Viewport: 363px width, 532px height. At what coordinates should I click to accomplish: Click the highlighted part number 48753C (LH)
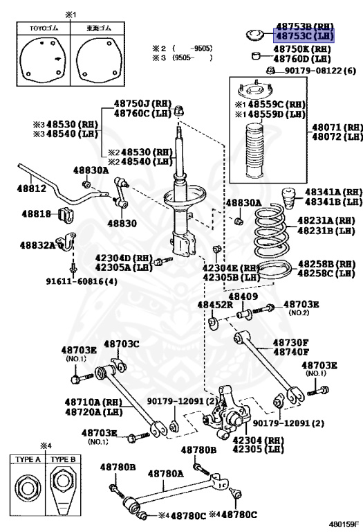[x=304, y=35]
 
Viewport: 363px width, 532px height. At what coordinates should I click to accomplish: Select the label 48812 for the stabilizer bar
[x=32, y=188]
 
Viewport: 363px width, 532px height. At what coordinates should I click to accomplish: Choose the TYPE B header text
[x=63, y=459]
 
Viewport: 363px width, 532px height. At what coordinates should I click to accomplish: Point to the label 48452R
[x=215, y=304]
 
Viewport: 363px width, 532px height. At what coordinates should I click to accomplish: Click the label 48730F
[x=290, y=342]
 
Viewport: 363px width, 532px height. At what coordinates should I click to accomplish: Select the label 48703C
[x=121, y=344]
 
